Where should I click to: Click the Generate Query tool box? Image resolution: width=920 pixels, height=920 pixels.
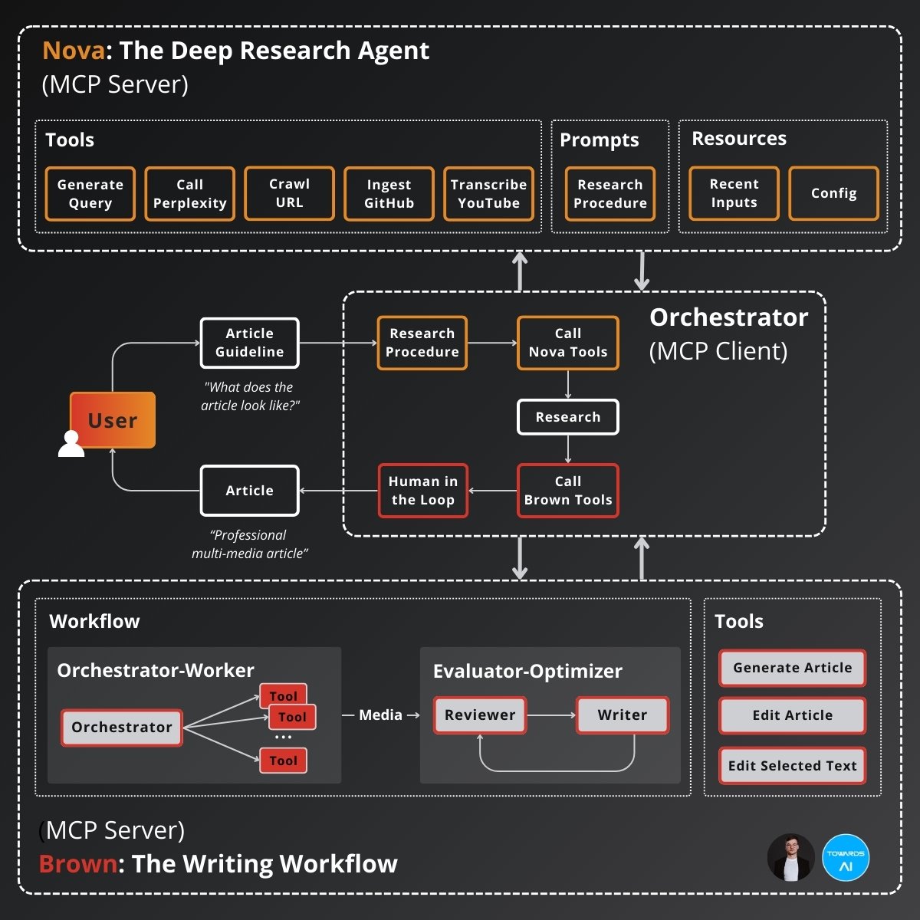pos(90,194)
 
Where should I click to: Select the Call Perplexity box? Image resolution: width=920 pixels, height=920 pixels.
pos(189,194)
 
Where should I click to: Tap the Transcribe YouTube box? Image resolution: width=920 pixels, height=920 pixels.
pos(488,194)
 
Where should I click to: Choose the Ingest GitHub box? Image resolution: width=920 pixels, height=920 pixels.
pos(389,194)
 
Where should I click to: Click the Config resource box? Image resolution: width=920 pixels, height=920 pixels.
pos(833,193)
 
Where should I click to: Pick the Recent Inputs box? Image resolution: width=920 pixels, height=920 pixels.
pos(734,193)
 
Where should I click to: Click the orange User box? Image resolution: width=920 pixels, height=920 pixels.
pos(113,420)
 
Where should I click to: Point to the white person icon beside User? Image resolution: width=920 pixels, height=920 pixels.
pos(71,445)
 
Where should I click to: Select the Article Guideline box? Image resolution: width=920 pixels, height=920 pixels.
pos(249,343)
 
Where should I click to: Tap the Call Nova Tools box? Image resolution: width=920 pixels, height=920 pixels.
pos(567,343)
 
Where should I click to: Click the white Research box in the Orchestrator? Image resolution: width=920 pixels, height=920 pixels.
pos(567,417)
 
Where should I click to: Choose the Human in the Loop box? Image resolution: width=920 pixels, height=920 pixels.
pos(422,491)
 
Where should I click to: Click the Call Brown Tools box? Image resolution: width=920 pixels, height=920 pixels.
pos(567,491)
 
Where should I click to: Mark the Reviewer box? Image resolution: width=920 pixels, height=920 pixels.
pos(480,715)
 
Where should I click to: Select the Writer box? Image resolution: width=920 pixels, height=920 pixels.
pos(622,715)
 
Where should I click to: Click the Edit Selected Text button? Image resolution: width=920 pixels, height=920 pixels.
pos(792,766)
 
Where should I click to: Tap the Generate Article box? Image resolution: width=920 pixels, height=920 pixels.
pos(792,668)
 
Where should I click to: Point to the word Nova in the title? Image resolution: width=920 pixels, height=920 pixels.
pos(74,51)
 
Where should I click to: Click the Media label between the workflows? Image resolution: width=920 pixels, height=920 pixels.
pos(380,715)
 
